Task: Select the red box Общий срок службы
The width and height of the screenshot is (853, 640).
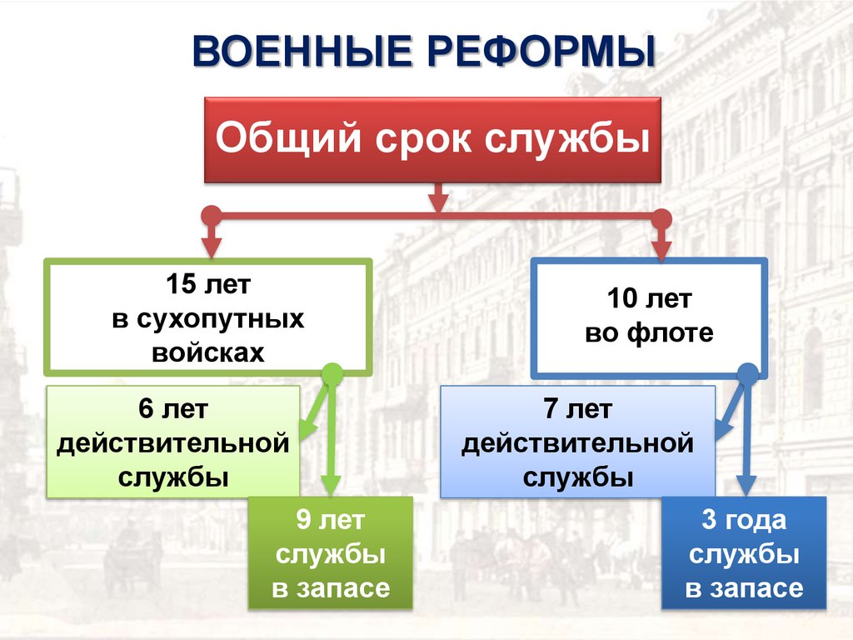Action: coord(432,140)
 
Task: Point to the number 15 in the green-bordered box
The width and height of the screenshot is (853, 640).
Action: coord(180,286)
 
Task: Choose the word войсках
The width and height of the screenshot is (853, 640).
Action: coord(208,352)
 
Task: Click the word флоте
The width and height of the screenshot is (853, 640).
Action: coord(671,333)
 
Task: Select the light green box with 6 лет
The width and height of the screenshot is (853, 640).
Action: coord(173,442)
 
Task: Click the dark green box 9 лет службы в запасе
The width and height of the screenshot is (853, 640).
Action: coord(331,553)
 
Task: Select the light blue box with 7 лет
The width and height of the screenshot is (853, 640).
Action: coord(577,442)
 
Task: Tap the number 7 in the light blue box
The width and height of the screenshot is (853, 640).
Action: coord(550,410)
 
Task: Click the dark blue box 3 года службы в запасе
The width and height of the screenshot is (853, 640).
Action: coord(744,553)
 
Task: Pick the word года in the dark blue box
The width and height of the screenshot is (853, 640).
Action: coord(756,522)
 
